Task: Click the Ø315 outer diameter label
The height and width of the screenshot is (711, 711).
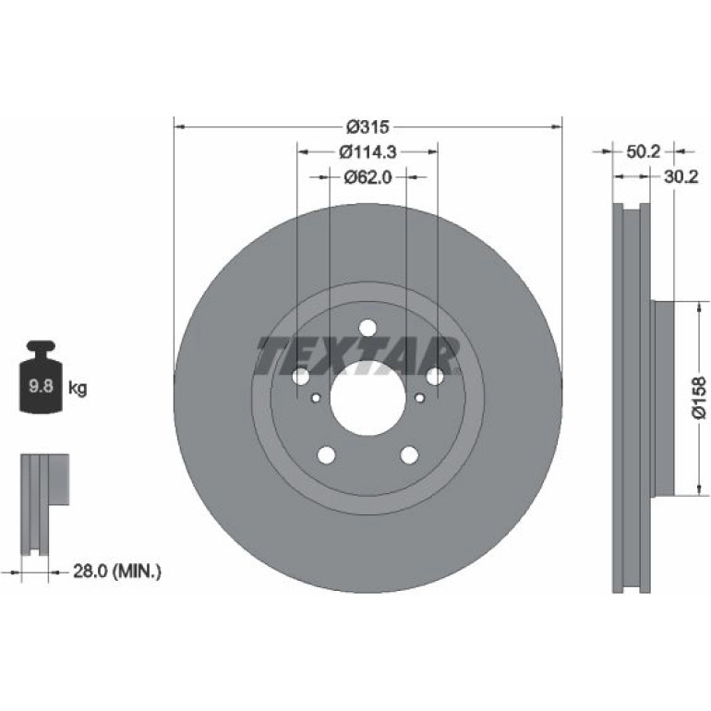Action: pos(368,127)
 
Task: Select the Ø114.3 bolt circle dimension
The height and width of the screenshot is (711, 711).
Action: pos(368,152)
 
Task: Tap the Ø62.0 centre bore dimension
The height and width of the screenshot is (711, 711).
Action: pos(368,177)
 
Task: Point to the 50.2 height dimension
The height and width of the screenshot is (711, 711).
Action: pos(643,151)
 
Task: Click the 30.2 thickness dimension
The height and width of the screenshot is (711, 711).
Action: pos(681,177)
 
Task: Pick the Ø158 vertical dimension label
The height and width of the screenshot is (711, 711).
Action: pos(699,397)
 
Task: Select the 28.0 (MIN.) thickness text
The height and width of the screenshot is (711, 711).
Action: pos(117,572)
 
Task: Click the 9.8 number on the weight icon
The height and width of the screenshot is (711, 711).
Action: pos(41,386)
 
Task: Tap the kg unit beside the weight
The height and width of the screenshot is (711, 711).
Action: pos(78,388)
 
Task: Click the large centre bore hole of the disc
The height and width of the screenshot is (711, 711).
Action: pos(368,398)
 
